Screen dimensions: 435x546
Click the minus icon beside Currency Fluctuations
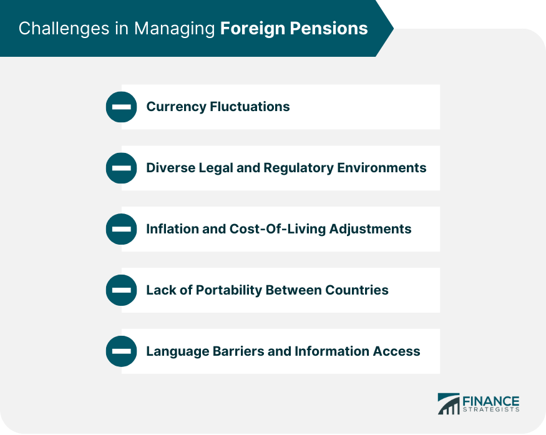(x=121, y=107)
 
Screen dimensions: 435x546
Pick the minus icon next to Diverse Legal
(x=121, y=168)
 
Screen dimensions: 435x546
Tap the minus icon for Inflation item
(x=121, y=229)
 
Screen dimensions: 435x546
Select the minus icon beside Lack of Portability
(x=121, y=290)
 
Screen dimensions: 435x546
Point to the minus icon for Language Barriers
(x=121, y=351)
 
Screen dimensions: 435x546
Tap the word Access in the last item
(x=398, y=351)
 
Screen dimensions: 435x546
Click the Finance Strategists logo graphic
(x=449, y=403)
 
